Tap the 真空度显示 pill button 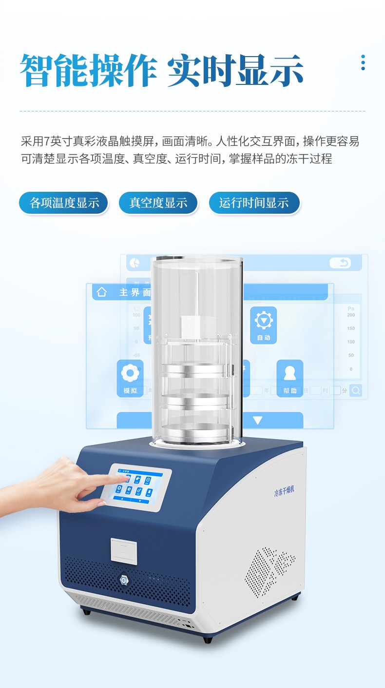(x=158, y=203)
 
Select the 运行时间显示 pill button (x=254, y=203)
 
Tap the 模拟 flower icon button (x=130, y=376)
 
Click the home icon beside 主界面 (x=101, y=292)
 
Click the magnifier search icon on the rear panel (x=356, y=390)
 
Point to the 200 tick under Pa (x=351, y=315)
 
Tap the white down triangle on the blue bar (x=257, y=420)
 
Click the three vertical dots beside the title (x=363, y=62)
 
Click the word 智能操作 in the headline (x=88, y=71)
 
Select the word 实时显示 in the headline (x=235, y=71)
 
